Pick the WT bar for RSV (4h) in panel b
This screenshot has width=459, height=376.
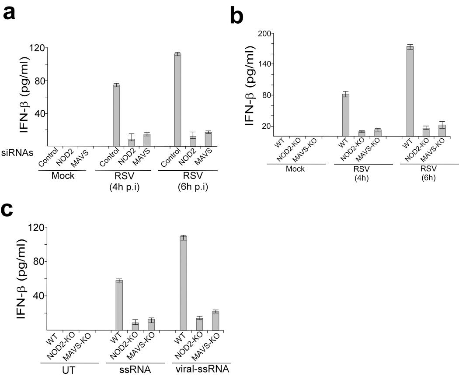click(x=345, y=115)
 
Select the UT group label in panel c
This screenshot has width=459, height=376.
click(x=70, y=371)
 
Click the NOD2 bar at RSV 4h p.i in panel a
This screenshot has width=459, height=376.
click(x=132, y=142)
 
